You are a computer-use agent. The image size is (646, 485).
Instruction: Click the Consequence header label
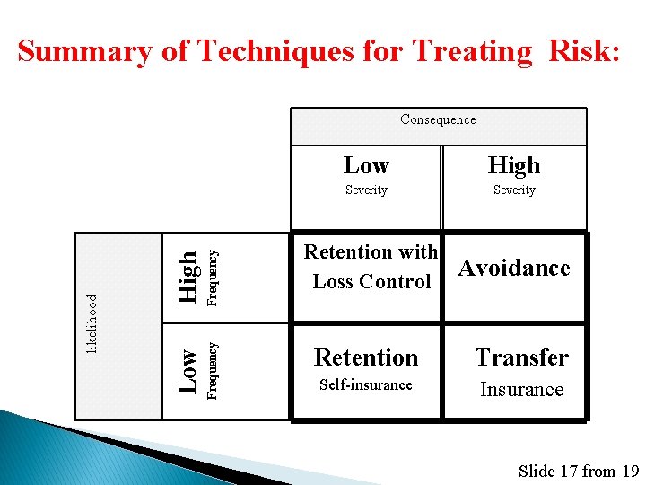tap(438, 119)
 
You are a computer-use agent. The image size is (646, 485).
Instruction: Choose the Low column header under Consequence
tap(366, 165)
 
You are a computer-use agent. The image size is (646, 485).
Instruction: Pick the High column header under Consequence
tap(514, 165)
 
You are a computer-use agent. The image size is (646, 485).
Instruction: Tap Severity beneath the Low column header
tap(366, 190)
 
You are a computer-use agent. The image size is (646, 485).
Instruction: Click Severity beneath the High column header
tap(514, 190)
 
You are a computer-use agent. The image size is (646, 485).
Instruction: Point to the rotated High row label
tap(187, 277)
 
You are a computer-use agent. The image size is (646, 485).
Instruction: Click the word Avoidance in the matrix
tap(514, 268)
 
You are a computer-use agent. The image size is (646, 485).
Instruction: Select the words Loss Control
tap(371, 282)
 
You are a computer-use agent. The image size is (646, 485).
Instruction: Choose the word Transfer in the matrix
tap(521, 357)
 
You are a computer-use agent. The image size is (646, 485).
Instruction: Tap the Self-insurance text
tap(366, 385)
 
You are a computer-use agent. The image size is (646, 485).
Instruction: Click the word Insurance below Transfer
tap(521, 390)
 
